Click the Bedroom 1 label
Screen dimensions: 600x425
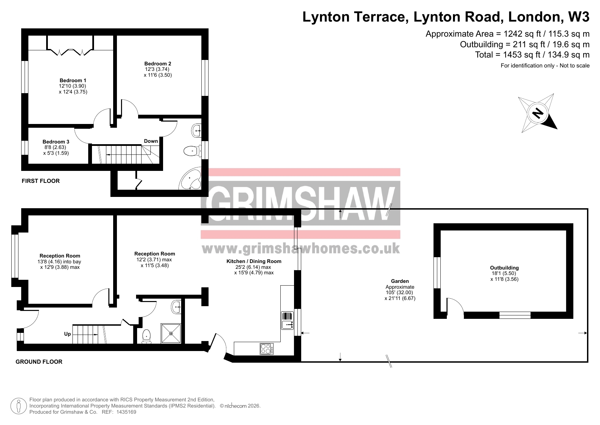pyautogui.click(x=73, y=80)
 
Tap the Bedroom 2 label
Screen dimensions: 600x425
pyautogui.click(x=158, y=63)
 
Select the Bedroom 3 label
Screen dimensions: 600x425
pyautogui.click(x=56, y=141)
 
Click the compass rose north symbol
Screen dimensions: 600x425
pyautogui.click(x=538, y=113)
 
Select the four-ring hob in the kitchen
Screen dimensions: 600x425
pyautogui.click(x=267, y=349)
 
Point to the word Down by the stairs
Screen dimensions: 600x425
pyautogui.click(x=151, y=141)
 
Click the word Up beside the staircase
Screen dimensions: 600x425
pyautogui.click(x=67, y=334)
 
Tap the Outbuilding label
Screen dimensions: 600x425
pyautogui.click(x=504, y=268)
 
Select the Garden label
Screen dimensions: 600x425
pyautogui.click(x=400, y=281)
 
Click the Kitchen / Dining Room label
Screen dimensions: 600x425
pyautogui.click(x=254, y=261)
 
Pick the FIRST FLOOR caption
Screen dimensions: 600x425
pyautogui.click(x=41, y=181)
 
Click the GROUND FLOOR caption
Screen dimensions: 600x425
pyautogui.click(x=39, y=362)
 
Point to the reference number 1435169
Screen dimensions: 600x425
pyautogui.click(x=127, y=412)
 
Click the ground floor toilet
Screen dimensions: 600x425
pyautogui.click(x=147, y=336)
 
